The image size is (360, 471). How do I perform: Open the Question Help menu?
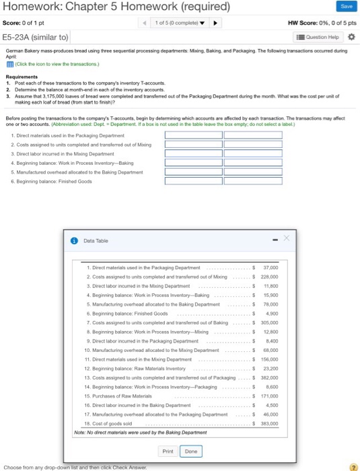320,36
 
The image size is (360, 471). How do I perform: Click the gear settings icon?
351,36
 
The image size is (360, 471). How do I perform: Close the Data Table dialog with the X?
285,239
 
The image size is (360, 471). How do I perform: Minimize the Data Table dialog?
273,240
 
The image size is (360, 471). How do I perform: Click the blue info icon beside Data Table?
75,240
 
